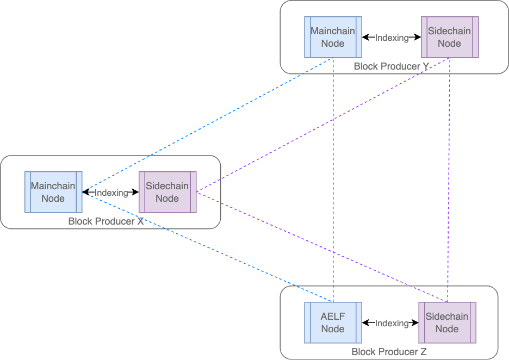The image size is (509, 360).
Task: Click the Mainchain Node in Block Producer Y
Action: click(x=332, y=38)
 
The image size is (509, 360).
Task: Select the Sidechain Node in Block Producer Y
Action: click(x=449, y=38)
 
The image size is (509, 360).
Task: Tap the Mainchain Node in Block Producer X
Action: click(x=53, y=192)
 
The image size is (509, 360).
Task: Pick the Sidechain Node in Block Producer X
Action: click(x=167, y=192)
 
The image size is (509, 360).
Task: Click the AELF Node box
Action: click(x=332, y=322)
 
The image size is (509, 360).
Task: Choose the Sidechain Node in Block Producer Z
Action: click(x=447, y=322)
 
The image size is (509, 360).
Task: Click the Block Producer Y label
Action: click(x=391, y=66)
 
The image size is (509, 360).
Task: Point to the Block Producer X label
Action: click(x=105, y=221)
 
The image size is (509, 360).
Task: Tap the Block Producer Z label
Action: click(x=389, y=352)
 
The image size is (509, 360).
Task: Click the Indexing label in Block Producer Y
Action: click(x=392, y=38)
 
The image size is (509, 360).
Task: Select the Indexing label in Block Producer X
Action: click(x=111, y=193)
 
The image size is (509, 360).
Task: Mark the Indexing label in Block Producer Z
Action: click(x=392, y=323)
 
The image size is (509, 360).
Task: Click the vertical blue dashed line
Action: click(x=333, y=179)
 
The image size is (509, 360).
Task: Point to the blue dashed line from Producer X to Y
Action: click(x=207, y=125)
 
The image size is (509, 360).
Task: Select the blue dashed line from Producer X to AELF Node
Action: click(x=207, y=246)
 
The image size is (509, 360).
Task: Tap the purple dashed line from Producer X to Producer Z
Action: click(x=321, y=246)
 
